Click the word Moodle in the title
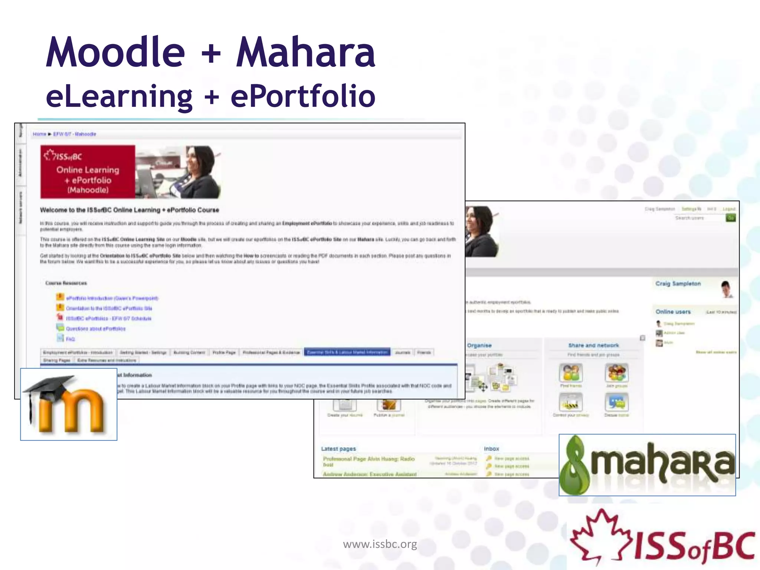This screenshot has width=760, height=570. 115,53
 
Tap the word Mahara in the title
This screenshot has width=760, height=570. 306,53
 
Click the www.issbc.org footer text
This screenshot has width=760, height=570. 380,544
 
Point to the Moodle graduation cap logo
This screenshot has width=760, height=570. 69,404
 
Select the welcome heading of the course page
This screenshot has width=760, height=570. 130,210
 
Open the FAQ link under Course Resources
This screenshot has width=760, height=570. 71,339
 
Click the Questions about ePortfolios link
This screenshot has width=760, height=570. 96,328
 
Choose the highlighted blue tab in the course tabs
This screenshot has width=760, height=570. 347,352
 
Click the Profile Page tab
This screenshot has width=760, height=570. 224,352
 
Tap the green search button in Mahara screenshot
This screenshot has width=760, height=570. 730,218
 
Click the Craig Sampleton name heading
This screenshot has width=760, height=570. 678,284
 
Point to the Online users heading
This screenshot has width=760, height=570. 673,312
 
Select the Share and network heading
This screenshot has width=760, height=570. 593,345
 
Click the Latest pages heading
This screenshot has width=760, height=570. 338,449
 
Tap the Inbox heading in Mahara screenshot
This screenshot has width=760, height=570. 491,449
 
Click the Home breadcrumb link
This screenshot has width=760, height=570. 39,134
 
